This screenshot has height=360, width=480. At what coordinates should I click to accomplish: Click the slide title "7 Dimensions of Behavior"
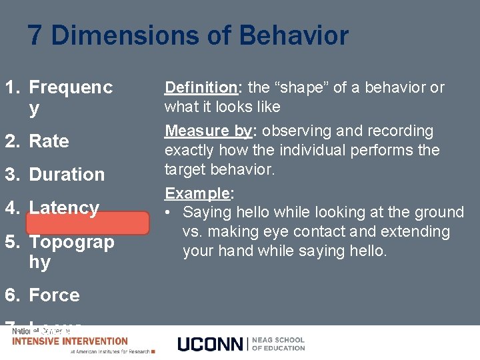click(x=188, y=35)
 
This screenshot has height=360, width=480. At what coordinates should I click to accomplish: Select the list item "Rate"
click(x=49, y=141)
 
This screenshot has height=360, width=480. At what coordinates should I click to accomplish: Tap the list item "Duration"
click(x=67, y=175)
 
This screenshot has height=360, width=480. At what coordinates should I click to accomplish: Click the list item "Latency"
click(x=64, y=207)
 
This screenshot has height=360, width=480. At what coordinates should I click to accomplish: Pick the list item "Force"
click(x=54, y=295)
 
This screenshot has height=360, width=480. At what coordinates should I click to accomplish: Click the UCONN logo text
click(x=211, y=344)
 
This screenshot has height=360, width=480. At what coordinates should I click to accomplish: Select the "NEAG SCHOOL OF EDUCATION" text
click(x=279, y=343)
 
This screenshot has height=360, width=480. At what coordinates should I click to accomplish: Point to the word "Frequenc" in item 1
click(x=71, y=87)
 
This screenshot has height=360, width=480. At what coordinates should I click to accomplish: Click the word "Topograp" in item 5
click(x=71, y=241)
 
